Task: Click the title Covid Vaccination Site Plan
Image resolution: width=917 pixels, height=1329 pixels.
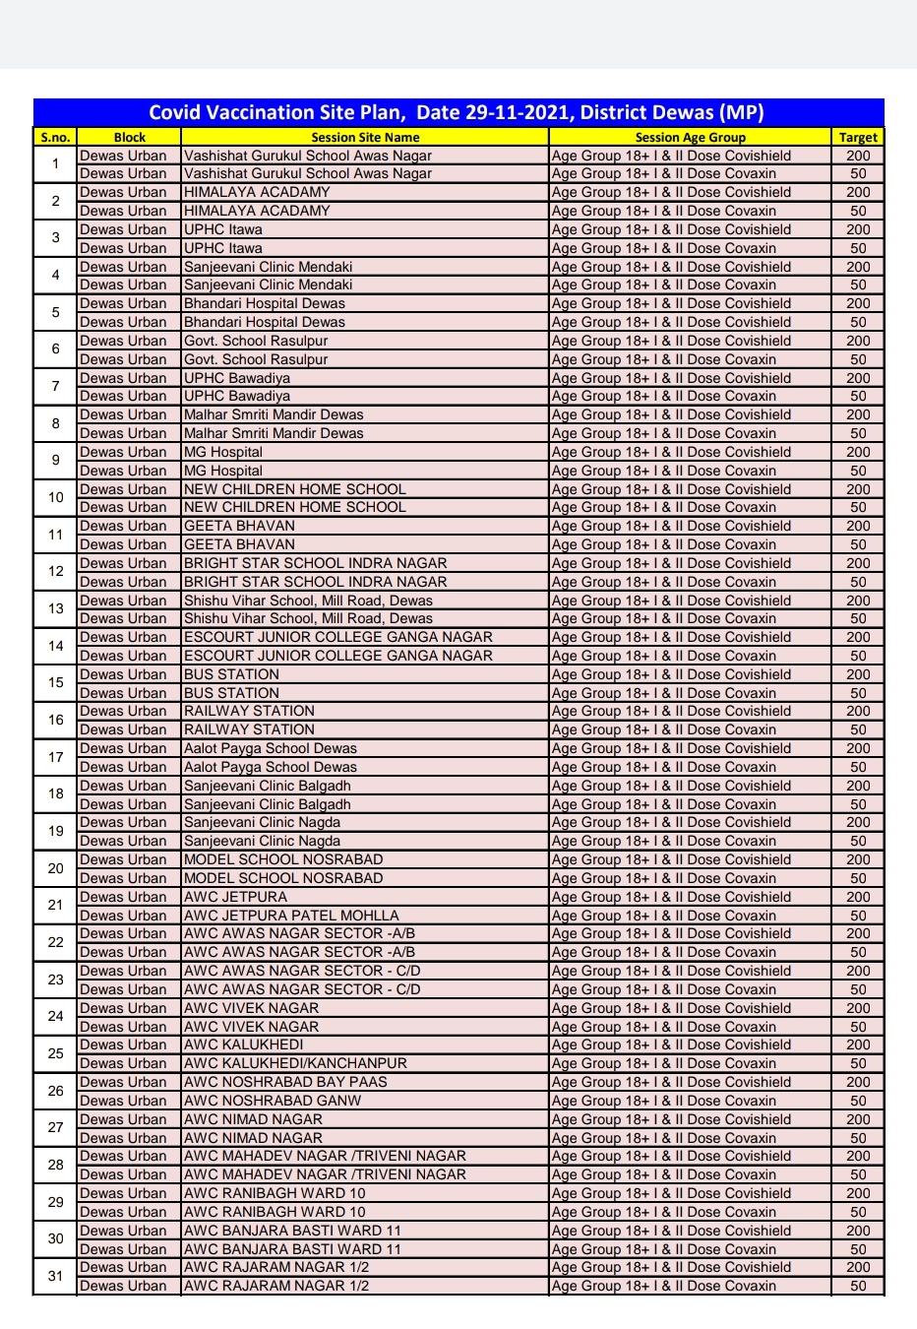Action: coord(457,112)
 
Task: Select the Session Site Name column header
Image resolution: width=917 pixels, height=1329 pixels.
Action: coord(365,138)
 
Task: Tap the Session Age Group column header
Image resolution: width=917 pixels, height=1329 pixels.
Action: coord(690,138)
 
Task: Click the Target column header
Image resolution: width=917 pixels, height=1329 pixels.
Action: coord(858,138)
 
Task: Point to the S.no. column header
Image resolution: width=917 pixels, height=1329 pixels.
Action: coord(55,138)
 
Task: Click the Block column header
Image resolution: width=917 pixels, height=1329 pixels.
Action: coord(129,138)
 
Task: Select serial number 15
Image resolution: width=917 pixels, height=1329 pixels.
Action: coord(55,683)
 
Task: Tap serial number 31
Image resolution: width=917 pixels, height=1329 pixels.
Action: coord(55,1276)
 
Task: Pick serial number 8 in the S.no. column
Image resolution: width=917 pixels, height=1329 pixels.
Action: coord(55,423)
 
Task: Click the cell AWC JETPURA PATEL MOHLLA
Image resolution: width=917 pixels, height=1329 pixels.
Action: coord(291,916)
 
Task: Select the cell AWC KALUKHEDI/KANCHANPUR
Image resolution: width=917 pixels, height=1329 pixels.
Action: coord(295,1063)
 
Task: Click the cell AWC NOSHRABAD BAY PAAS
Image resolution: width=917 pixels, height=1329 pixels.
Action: coord(285,1082)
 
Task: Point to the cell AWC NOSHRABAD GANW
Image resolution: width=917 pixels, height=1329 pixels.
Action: coord(273,1101)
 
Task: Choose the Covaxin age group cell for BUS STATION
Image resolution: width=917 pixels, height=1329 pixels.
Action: coord(664,693)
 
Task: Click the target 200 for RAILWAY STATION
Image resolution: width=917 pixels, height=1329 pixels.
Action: coord(858,711)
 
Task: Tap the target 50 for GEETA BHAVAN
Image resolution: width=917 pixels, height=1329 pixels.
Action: coord(858,544)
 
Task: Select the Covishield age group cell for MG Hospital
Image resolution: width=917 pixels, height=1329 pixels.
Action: coord(671,452)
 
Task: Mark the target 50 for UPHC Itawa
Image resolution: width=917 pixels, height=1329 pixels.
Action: coord(858,248)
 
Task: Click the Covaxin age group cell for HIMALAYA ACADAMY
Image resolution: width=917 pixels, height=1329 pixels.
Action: coord(664,211)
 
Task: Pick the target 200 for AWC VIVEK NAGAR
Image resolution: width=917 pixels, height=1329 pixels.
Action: coord(858,1008)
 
